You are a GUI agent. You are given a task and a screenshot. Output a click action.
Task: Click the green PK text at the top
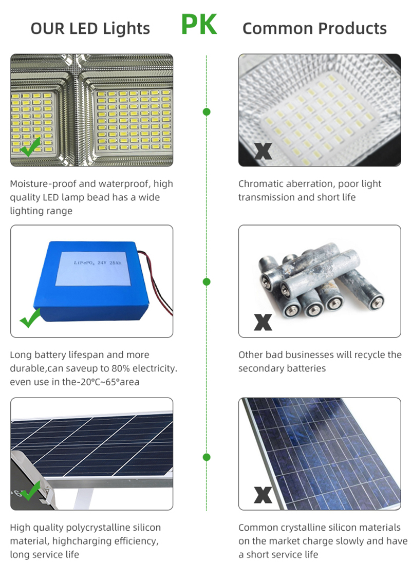tap(199, 25)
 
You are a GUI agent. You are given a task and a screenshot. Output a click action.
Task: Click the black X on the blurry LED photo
tap(263, 151)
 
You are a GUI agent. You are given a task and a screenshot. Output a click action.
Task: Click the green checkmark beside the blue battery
tap(30, 318)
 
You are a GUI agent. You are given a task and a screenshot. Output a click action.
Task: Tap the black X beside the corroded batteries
tap(263, 322)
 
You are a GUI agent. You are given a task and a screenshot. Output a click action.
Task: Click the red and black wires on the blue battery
tap(157, 281)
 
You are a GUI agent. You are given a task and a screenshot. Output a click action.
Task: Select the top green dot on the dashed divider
tap(207, 111)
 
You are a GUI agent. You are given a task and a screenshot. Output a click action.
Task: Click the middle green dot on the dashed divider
tap(207, 282)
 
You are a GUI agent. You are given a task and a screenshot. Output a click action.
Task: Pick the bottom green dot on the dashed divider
tap(207, 457)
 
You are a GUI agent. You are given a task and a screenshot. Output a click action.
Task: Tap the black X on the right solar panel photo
tap(263, 495)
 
